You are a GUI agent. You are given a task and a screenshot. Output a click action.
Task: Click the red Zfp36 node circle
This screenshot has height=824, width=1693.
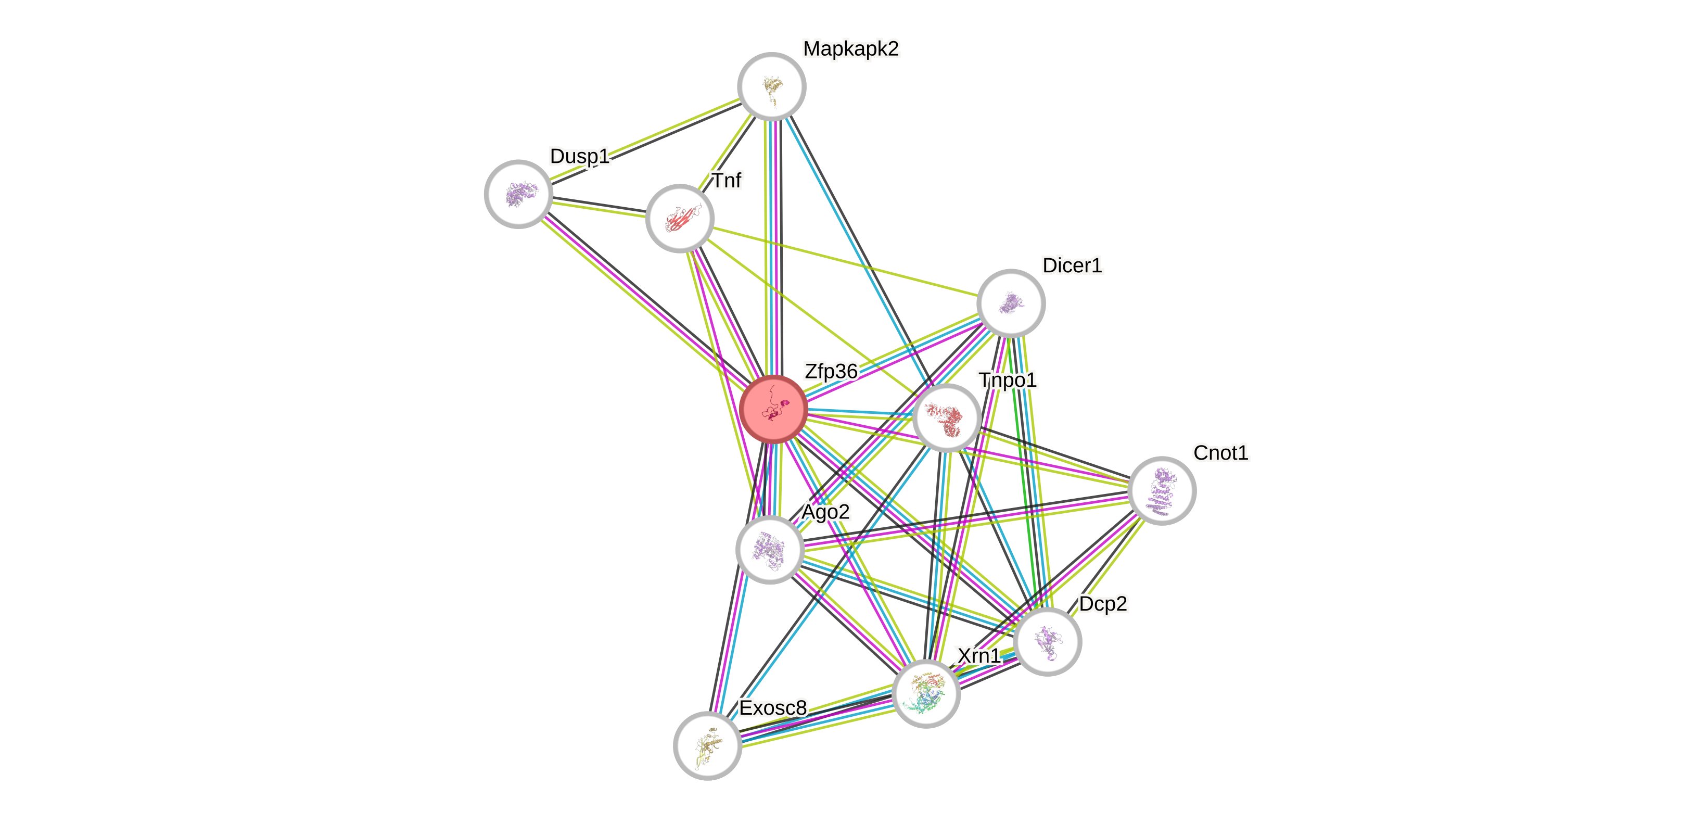pos(773,409)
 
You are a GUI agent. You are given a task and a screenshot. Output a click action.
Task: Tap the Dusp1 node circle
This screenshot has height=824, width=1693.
pos(518,194)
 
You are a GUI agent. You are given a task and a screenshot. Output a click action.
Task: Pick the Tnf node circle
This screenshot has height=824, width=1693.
pos(680,218)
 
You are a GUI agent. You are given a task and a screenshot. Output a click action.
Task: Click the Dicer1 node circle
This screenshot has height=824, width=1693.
pos(1011,303)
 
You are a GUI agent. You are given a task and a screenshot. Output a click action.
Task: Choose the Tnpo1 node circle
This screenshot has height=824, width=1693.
pos(946,418)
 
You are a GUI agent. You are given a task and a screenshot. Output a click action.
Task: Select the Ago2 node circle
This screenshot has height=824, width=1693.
pos(770,549)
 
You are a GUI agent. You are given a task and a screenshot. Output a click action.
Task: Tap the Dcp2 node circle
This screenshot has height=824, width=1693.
pos(1048,641)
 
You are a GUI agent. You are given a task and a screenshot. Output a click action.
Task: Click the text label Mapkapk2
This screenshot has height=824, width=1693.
pos(850,48)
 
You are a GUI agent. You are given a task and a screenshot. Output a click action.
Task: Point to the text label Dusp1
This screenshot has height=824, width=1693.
pos(580,156)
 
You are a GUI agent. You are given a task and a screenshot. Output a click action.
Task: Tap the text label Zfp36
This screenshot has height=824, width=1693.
pos(831,371)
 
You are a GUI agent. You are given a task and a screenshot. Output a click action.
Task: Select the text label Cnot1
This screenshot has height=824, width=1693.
pos(1220,453)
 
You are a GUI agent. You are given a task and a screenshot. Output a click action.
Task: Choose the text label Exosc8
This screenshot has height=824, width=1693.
pos(773,708)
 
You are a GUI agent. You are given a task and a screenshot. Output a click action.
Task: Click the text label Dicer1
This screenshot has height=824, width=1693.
pos(1072,265)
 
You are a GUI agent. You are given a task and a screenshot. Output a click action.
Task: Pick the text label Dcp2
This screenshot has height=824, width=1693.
pos(1103,604)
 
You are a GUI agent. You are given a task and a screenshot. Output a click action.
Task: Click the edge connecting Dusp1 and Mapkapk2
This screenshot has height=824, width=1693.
pos(645,140)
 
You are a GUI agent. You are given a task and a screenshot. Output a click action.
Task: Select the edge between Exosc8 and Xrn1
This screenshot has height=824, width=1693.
pos(817,719)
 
